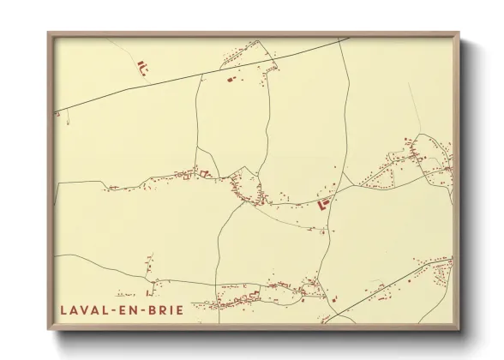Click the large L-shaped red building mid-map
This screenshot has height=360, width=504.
click(324, 204)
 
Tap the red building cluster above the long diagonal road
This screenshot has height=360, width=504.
click(141, 64)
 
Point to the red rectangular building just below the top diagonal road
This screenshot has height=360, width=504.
click(230, 79)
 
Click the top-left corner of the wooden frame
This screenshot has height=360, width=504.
click(49, 33)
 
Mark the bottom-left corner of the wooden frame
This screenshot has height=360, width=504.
click(49, 329)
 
